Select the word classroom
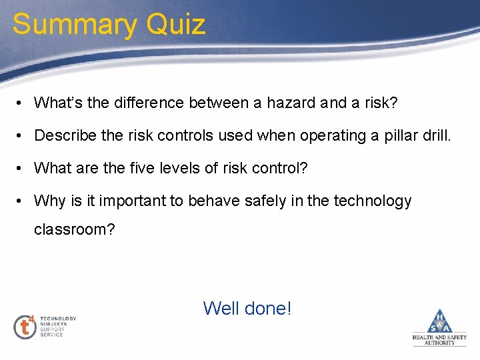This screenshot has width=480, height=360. [74, 229]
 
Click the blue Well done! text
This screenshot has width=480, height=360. [247, 308]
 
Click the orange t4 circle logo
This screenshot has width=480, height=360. [25, 326]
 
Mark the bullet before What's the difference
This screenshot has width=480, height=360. [21, 103]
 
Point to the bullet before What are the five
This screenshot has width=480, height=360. [21, 169]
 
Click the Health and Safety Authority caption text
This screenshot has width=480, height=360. [440, 340]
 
